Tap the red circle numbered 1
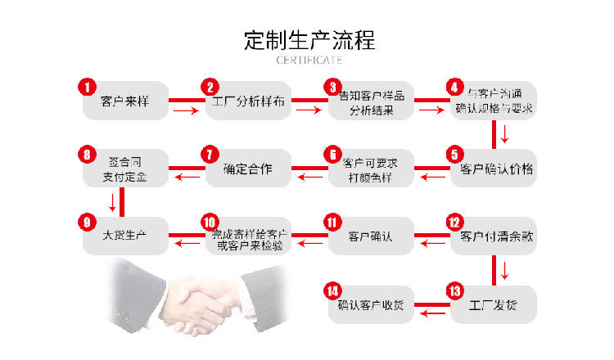tap(87, 87)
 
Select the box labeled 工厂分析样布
tap(248, 102)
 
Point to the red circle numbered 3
tap(332, 87)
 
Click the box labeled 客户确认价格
tap(496, 169)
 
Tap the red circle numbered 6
tap(332, 154)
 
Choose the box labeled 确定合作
tap(248, 169)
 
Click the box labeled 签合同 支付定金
tap(124, 169)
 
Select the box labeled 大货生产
tap(124, 236)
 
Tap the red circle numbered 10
tap(209, 222)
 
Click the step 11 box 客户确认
tap(371, 236)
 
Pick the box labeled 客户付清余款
tap(496, 236)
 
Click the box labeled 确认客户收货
tap(371, 305)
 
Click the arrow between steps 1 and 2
tap(186, 110)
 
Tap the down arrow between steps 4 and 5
tap(505, 133)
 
